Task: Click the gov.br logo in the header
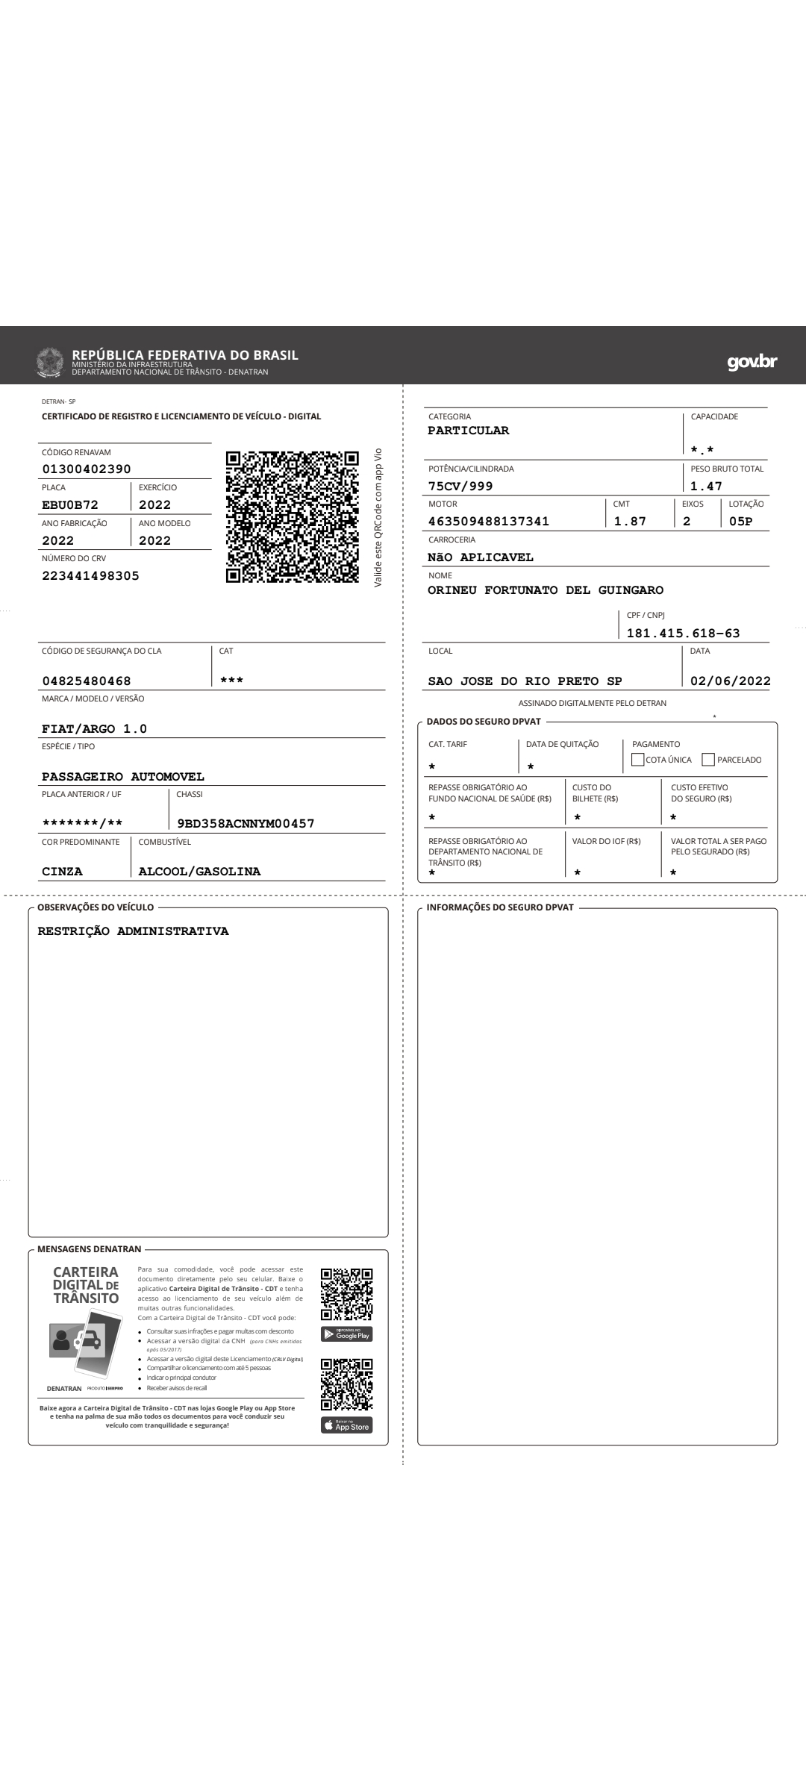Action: pyautogui.click(x=752, y=362)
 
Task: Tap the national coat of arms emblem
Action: pyautogui.click(x=51, y=361)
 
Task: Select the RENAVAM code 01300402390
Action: pyautogui.click(x=87, y=469)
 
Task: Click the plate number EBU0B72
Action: pyautogui.click(x=70, y=505)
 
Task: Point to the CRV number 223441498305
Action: pyautogui.click(x=90, y=576)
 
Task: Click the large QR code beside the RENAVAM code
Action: pyautogui.click(x=292, y=516)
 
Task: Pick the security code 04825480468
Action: pyautogui.click(x=87, y=681)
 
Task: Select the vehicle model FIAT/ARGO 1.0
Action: pyautogui.click(x=94, y=729)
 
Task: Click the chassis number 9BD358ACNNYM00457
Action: pyautogui.click(x=246, y=824)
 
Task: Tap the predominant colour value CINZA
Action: pyautogui.click(x=62, y=872)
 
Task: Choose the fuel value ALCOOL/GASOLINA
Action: pyautogui.click(x=199, y=872)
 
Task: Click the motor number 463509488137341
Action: pyautogui.click(x=489, y=522)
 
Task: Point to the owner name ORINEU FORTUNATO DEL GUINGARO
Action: pyautogui.click(x=546, y=590)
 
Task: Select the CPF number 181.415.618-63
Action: pyautogui.click(x=683, y=634)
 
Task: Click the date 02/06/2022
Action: pyautogui.click(x=730, y=681)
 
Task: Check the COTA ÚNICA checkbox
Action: pyautogui.click(x=637, y=760)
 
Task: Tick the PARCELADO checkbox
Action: pyautogui.click(x=708, y=760)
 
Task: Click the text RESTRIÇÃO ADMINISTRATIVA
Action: pyautogui.click(x=133, y=931)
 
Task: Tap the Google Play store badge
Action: pyautogui.click(x=346, y=1334)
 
